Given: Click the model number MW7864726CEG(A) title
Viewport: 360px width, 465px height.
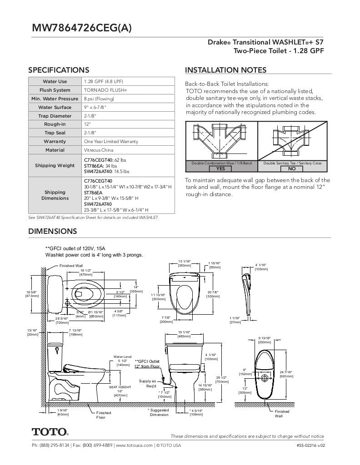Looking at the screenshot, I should pyautogui.click(x=82, y=28).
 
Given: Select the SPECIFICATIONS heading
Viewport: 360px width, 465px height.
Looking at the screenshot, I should pyautogui.click(x=59, y=70).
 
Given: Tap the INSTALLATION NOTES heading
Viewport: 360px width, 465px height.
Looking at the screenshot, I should pyautogui.click(x=225, y=70).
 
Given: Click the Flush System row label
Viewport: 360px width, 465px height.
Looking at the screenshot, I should pyautogui.click(x=55, y=90).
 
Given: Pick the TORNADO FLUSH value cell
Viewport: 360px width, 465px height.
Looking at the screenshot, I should pyautogui.click(x=105, y=90).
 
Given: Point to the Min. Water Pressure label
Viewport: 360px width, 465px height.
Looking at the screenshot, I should pyautogui.click(x=55, y=99).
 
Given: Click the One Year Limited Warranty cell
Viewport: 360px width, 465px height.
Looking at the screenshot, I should pyautogui.click(x=111, y=141).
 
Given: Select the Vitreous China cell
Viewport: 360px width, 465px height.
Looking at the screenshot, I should pyautogui.click(x=99, y=150).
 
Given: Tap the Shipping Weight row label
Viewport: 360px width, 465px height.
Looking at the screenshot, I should pyautogui.click(x=55, y=165).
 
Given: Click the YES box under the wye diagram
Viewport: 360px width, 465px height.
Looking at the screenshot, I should pyautogui.click(x=220, y=168).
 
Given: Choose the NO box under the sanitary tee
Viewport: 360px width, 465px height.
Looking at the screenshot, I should pyautogui.click(x=292, y=168).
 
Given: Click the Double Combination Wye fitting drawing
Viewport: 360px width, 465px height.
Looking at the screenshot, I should pyautogui.click(x=221, y=140).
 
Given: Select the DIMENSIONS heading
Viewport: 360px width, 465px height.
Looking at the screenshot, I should pyautogui.click(x=53, y=231).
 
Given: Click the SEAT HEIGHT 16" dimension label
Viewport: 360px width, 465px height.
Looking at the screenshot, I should pyautogui.click(x=120, y=391).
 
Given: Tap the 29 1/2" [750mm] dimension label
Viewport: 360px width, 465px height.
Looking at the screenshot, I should pyautogui.click(x=222, y=380).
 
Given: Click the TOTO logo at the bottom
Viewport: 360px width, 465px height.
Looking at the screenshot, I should pyautogui.click(x=50, y=431).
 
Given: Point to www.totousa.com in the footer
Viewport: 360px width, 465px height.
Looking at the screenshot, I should pyautogui.click(x=134, y=445).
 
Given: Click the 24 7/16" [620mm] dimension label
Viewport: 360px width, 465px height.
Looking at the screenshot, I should pyautogui.click(x=286, y=374).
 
